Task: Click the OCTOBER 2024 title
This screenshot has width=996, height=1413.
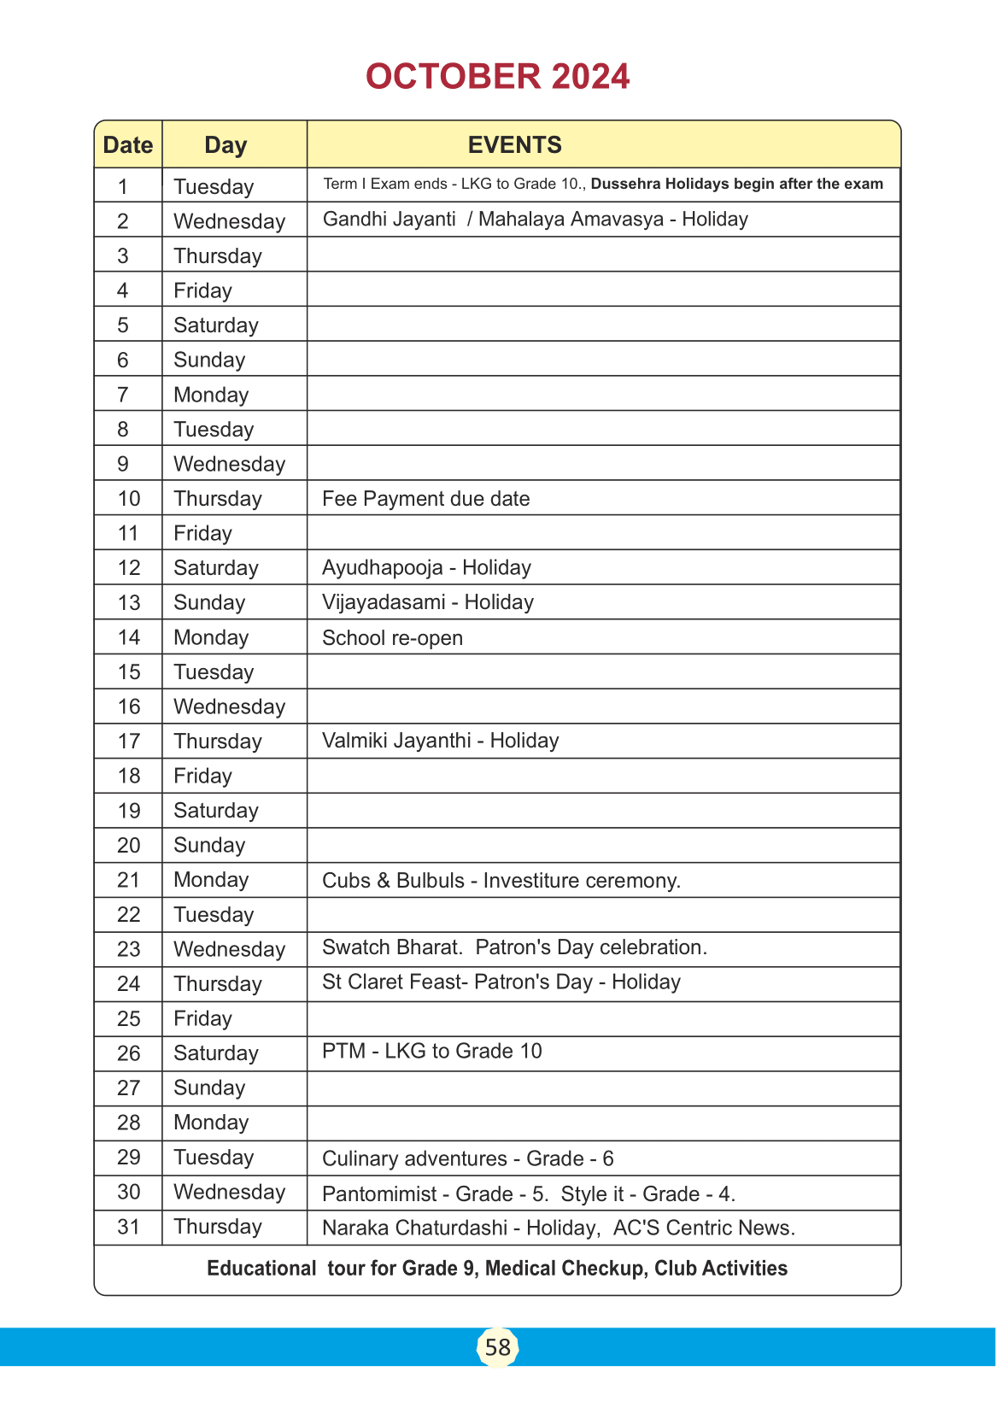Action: point(497,77)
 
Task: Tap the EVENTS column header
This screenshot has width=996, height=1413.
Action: point(514,145)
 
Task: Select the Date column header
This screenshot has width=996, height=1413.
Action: point(128,145)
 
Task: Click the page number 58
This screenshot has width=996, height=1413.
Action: point(497,1347)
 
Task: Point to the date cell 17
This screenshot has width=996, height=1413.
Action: point(129,742)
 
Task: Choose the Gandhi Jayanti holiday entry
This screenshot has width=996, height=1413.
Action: point(535,220)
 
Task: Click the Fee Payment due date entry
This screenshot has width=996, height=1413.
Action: point(425,499)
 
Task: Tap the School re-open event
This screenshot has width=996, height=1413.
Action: point(392,638)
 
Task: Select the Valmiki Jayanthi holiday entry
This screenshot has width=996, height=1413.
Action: point(440,741)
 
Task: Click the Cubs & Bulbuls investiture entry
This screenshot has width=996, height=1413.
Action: point(501,881)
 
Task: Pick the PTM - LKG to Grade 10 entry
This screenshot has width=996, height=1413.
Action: point(431,1052)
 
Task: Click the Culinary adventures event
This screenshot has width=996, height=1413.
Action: point(467,1159)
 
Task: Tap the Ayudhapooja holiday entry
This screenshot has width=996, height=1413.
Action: point(426,568)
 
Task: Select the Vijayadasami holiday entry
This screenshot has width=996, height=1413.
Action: point(427,602)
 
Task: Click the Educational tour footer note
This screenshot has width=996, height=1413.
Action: point(497,1269)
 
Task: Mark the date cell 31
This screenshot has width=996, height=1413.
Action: point(129,1227)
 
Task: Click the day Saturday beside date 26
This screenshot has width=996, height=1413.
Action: point(215,1053)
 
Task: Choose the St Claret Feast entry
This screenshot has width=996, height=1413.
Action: point(501,982)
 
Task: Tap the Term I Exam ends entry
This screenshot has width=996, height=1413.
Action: point(602,185)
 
